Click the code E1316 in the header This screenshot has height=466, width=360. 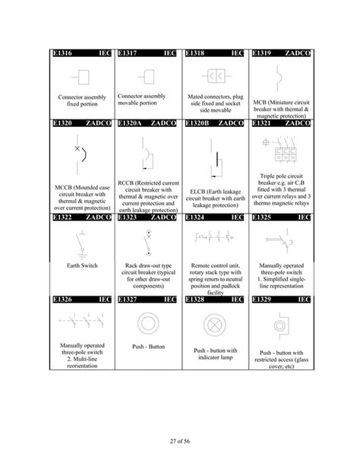click(x=63, y=54)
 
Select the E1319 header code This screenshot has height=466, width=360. click(x=263, y=54)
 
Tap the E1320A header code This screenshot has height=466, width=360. click(x=132, y=122)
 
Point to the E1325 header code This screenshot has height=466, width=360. click(x=263, y=217)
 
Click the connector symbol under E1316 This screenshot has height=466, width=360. click(x=81, y=78)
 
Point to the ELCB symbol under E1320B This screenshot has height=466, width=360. click(x=215, y=162)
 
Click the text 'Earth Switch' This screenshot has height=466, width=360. click(x=80, y=265)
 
